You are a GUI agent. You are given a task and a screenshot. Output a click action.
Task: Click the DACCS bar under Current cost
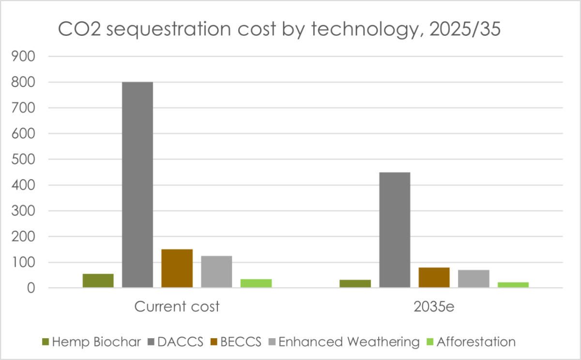138,185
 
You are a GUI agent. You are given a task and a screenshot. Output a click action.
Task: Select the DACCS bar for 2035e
395,230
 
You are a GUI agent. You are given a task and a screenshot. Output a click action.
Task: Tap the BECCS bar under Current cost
177,269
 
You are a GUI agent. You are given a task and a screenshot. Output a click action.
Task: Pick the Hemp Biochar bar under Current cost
98,281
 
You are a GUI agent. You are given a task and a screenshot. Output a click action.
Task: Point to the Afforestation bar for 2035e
513,285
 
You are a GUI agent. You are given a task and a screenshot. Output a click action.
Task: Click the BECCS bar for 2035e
434,278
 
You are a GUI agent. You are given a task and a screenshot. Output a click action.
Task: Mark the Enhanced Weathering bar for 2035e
474,279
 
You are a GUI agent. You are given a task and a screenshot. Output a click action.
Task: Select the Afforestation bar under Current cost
256,284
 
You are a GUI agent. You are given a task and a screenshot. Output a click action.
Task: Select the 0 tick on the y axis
31,288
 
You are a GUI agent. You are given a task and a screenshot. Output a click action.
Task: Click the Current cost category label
177,307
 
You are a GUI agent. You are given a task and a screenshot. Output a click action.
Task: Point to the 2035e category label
434,307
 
